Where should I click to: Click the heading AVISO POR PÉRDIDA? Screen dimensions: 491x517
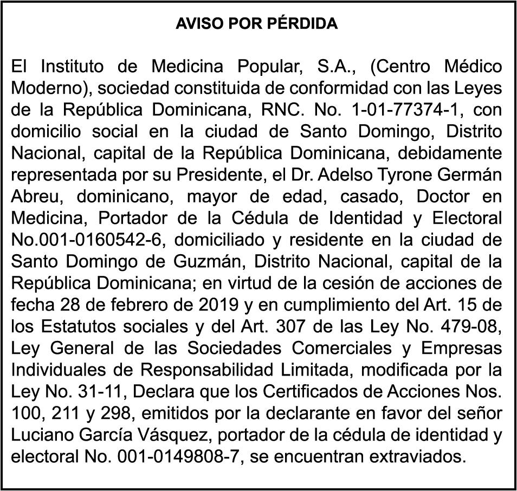tap(257, 24)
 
